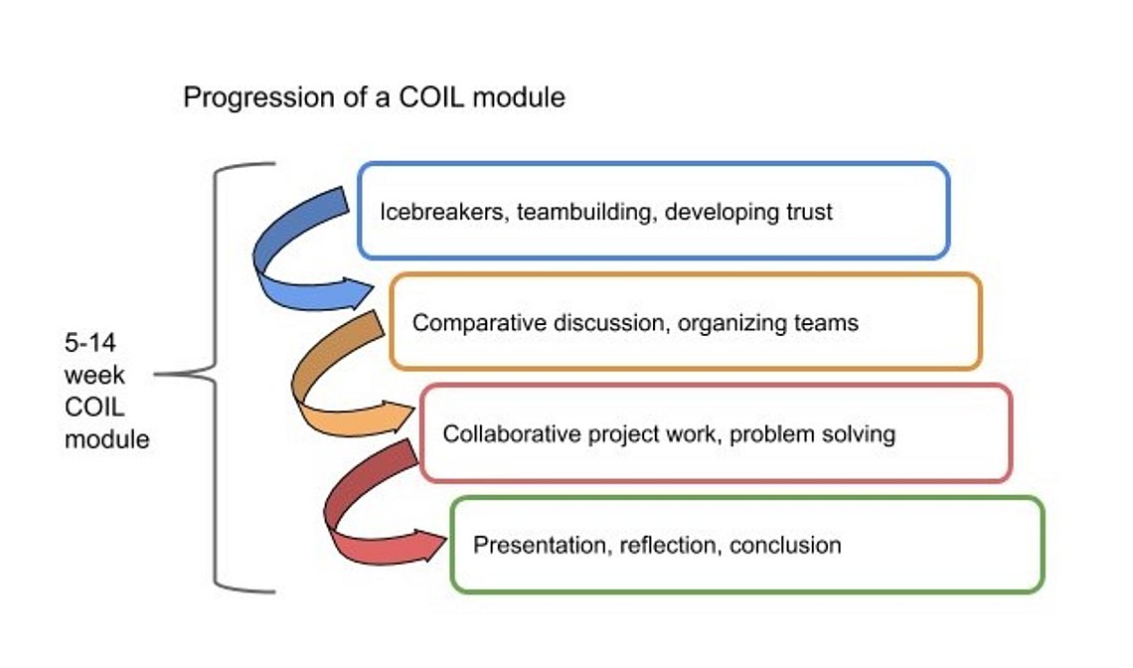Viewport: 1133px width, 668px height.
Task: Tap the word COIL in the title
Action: (430, 96)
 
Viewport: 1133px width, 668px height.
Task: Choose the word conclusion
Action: (785, 545)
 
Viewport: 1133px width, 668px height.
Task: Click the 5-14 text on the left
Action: (90, 343)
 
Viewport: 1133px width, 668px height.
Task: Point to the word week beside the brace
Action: (94, 375)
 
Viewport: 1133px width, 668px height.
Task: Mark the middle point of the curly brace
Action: (216, 375)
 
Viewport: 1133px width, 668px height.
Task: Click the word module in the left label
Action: (107, 439)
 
